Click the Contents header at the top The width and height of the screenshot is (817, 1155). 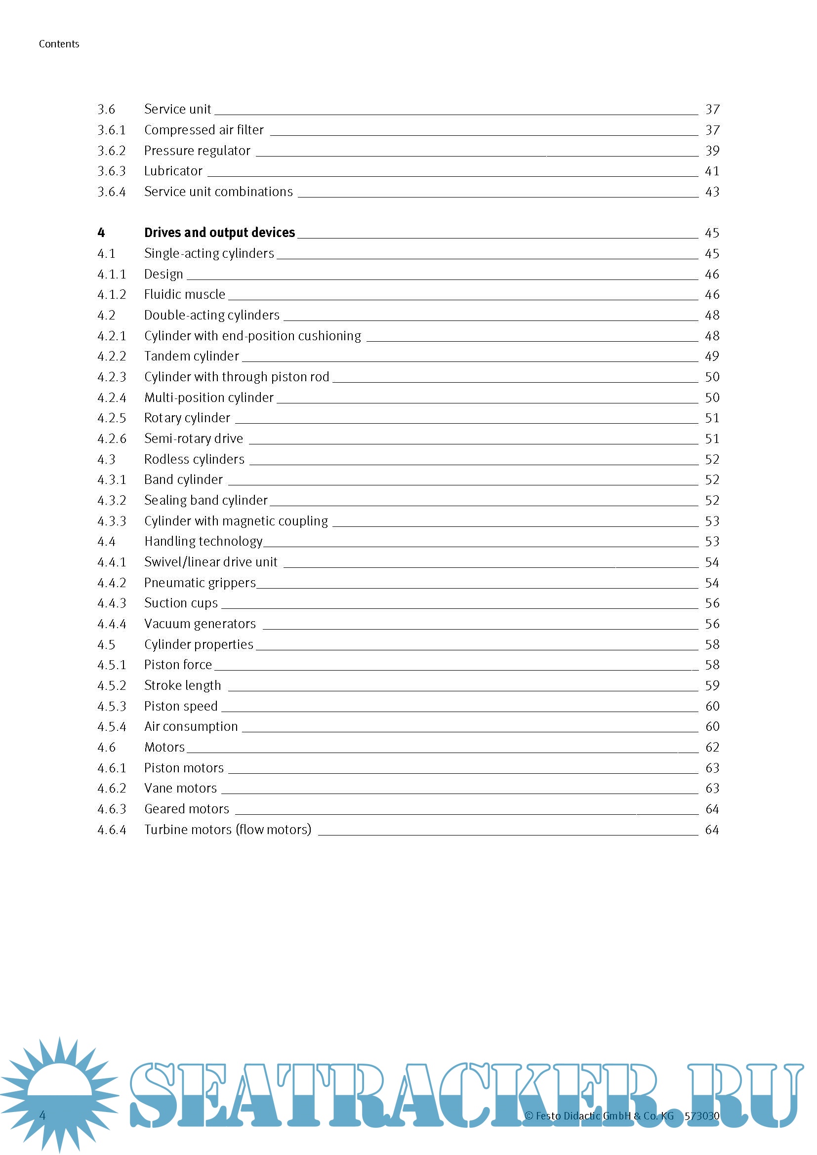[59, 44]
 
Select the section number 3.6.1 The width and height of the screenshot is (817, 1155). [111, 130]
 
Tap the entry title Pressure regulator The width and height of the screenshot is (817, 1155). [197, 151]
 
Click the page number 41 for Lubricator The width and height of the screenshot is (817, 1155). [712, 171]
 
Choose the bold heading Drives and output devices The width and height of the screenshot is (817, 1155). [219, 233]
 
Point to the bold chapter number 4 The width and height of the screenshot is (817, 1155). [101, 233]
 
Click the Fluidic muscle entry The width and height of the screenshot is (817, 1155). [185, 294]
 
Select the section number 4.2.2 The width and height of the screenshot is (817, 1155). [111, 356]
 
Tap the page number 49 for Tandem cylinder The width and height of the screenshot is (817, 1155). [712, 356]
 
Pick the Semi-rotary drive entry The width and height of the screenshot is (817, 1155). [193, 438]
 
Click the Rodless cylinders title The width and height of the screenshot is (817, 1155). [194, 459]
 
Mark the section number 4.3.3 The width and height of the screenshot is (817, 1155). [111, 521]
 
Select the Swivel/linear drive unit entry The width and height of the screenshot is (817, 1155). [211, 562]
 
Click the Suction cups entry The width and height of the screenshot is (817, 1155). [181, 603]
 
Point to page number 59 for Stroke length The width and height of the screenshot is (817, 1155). [712, 686]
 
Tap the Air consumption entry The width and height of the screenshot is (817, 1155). [191, 726]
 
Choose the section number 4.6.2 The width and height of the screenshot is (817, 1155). [111, 788]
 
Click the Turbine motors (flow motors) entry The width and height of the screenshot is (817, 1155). [227, 830]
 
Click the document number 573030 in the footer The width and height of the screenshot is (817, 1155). [701, 1116]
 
